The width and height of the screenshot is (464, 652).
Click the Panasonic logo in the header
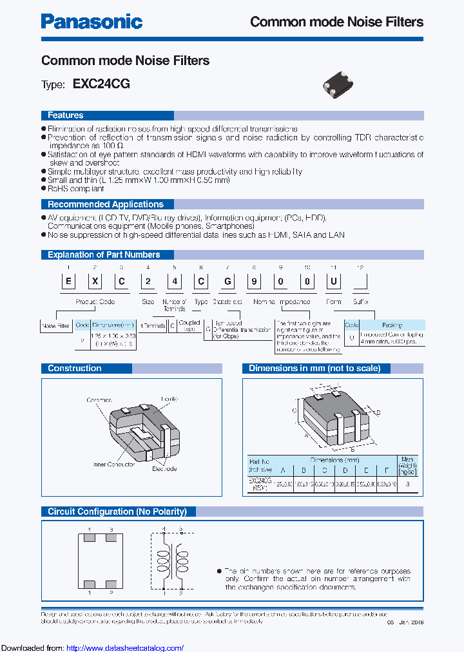pyautogui.click(x=92, y=21)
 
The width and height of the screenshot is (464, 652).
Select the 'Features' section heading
pyautogui.click(x=65, y=115)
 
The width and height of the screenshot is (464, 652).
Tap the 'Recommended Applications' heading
pyautogui.click(x=106, y=204)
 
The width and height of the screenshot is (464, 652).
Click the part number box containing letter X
pyautogui.click(x=94, y=282)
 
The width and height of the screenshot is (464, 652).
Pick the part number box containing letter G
pyautogui.click(x=228, y=282)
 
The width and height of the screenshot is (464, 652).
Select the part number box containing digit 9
pyautogui.click(x=255, y=282)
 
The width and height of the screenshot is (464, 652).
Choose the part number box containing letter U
pyautogui.click(x=334, y=282)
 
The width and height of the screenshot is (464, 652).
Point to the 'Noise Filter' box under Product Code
pyautogui.click(x=55, y=326)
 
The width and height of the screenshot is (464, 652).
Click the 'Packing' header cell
pyautogui.click(x=391, y=325)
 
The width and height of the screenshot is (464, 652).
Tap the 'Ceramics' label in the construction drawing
pyautogui.click(x=99, y=400)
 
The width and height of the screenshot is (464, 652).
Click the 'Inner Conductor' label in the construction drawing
pyautogui.click(x=113, y=464)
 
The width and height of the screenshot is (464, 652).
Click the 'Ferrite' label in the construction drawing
pyautogui.click(x=170, y=400)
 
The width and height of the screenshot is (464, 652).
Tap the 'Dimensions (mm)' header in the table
pyautogui.click(x=334, y=461)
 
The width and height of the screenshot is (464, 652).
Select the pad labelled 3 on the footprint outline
pyautogui.click(x=111, y=536)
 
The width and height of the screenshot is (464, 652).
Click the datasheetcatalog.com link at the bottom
pyautogui.click(x=124, y=648)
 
